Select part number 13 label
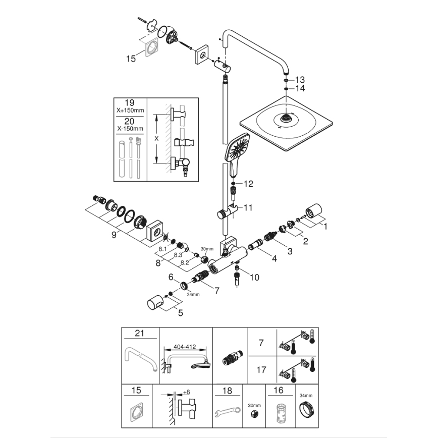300,80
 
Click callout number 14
300,88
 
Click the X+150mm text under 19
130,109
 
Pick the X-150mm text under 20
130,128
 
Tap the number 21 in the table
140,333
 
